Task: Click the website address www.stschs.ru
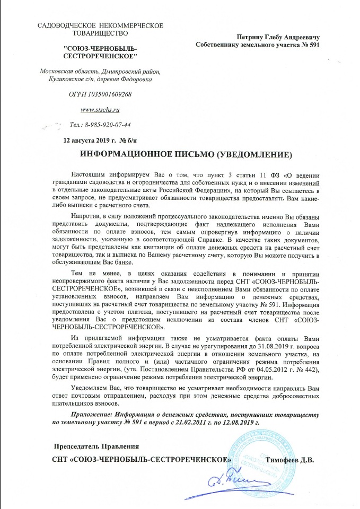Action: click(x=99, y=110)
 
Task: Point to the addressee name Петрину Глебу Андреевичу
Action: click(x=278, y=37)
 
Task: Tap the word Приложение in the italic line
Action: click(x=92, y=415)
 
